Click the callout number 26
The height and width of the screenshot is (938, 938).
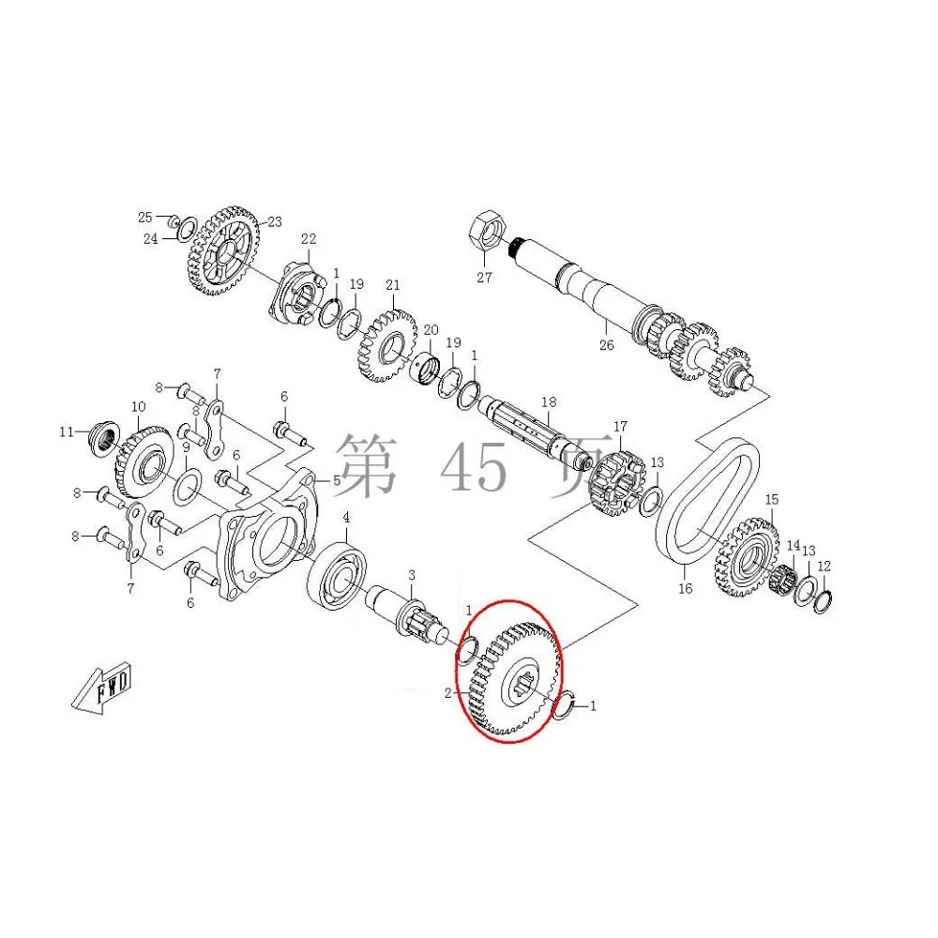click(x=606, y=344)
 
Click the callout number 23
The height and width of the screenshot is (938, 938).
click(x=275, y=222)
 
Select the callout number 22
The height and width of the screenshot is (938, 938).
click(x=309, y=239)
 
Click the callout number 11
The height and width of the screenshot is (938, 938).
click(x=67, y=431)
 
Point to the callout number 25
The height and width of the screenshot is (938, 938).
click(x=144, y=218)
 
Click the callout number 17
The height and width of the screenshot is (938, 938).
click(x=619, y=427)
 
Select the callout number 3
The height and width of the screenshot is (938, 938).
click(x=411, y=574)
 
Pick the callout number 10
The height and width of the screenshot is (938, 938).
click(x=138, y=407)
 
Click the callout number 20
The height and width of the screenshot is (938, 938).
click(x=431, y=330)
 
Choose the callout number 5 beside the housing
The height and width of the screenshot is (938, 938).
click(x=336, y=480)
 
